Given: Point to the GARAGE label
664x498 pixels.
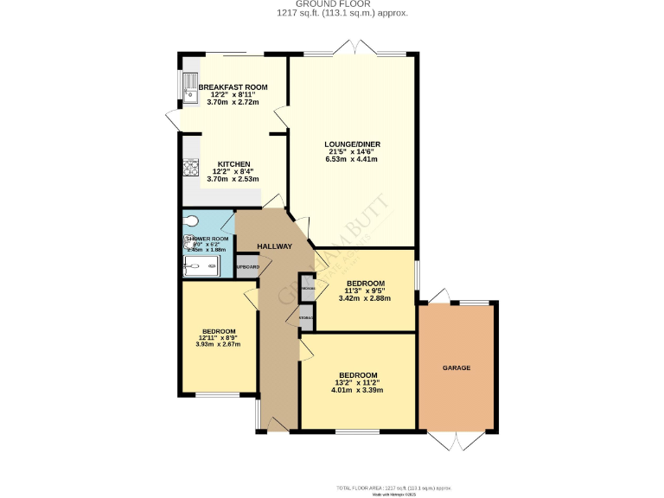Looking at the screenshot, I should [x=456, y=368].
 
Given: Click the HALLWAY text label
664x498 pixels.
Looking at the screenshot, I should [x=273, y=246].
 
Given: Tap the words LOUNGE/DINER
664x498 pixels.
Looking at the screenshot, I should [x=353, y=144].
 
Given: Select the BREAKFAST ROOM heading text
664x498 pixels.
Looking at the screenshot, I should [x=233, y=87].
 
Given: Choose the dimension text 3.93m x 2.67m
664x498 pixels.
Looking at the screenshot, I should [x=218, y=345].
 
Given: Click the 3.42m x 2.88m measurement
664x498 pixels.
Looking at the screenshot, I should [x=365, y=298].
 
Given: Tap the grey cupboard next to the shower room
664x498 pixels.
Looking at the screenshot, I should [x=247, y=266].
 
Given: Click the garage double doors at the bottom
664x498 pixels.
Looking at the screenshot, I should [x=456, y=440].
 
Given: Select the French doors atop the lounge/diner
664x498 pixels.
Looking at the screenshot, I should [x=355, y=48].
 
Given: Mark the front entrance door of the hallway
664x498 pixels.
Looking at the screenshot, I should [x=278, y=425].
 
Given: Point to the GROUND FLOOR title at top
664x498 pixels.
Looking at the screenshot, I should [x=331, y=4].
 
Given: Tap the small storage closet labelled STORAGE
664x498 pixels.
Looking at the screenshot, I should [x=306, y=318].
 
